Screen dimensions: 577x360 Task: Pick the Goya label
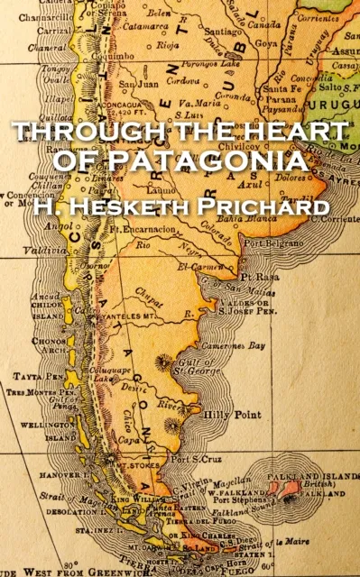pyautogui.click(x=267, y=41)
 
